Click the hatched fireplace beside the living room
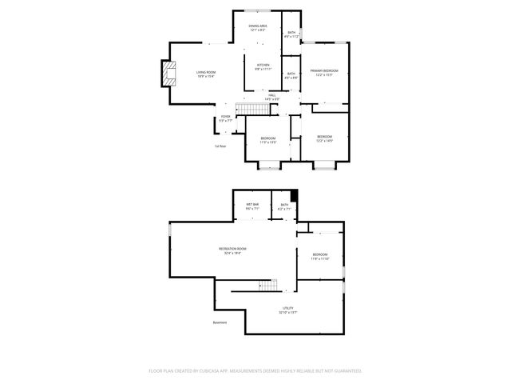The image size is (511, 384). click(x=167, y=73)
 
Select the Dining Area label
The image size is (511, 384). click(x=257, y=28)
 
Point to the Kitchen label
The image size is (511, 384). click(x=263, y=67)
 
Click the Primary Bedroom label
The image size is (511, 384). click(x=324, y=73)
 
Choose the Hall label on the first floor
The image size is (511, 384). click(x=272, y=97)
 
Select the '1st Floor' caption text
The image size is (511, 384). click(x=220, y=146)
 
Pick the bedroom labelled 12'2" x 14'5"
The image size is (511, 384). click(x=324, y=139)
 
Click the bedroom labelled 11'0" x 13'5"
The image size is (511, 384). click(x=268, y=140)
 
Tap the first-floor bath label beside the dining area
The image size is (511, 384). click(x=291, y=34)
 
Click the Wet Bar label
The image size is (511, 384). click(x=252, y=206)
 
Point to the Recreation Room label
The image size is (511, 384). click(x=232, y=250)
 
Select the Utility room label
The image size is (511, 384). click(x=287, y=310)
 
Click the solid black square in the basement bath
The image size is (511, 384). click(x=294, y=195)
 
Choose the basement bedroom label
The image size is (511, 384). click(x=319, y=257)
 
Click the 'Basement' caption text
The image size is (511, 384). click(x=220, y=322)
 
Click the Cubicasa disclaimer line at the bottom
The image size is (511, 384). click(x=255, y=370)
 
